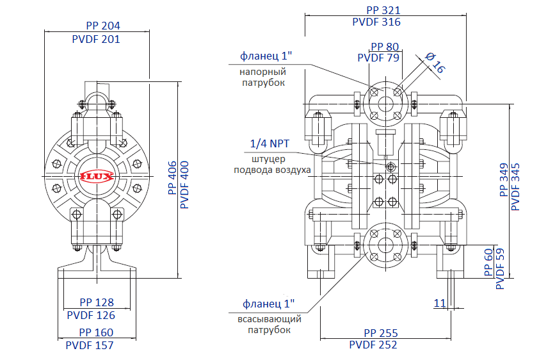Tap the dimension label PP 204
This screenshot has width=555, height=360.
coord(103,26)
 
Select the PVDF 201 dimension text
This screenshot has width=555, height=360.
coord(97,39)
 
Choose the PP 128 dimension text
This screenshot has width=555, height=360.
coord(97,302)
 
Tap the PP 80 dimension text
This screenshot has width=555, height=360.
coord(385,47)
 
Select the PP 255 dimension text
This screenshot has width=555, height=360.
coord(381,333)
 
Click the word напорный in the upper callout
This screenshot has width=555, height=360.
coord(264,72)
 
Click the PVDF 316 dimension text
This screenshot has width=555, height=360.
coord(376,22)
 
